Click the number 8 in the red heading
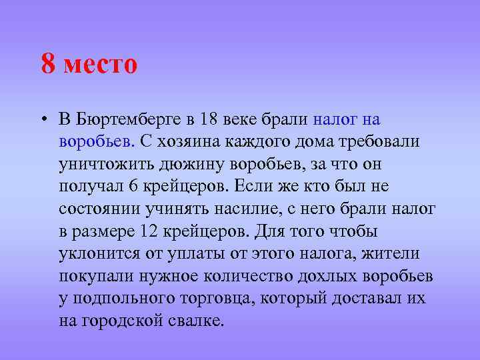tap(48, 65)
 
